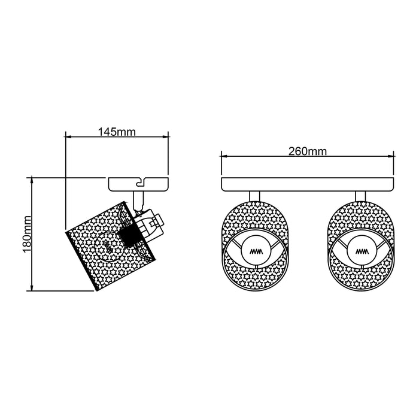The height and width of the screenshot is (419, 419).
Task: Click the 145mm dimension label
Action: [x=117, y=132]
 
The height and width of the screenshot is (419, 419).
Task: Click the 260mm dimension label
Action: [x=308, y=151]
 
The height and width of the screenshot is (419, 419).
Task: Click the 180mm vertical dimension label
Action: [x=27, y=235]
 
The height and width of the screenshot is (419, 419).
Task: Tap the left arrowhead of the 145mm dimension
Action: [x=69, y=137]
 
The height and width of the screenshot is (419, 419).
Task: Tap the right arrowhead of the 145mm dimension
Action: [x=165, y=137]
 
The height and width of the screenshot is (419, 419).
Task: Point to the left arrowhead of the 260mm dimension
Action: [x=225, y=156]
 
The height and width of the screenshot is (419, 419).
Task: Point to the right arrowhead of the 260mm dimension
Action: [x=390, y=156]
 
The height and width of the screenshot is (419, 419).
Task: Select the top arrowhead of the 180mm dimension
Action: [x=32, y=181]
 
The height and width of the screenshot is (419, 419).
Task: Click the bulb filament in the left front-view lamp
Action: [x=256, y=251]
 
